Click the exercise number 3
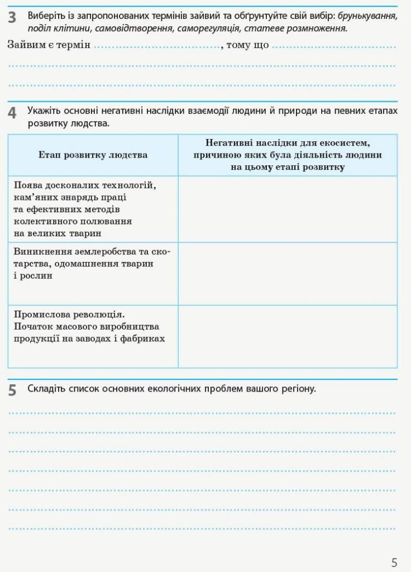[x=12, y=18]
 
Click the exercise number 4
[x=12, y=113]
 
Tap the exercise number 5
[x=12, y=390]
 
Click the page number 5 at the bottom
[x=394, y=562]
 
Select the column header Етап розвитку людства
[x=93, y=155]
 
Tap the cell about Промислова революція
[x=89, y=326]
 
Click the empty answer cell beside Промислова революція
[x=288, y=336]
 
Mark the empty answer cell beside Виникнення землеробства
[x=288, y=274]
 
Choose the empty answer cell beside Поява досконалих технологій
[x=288, y=209]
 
